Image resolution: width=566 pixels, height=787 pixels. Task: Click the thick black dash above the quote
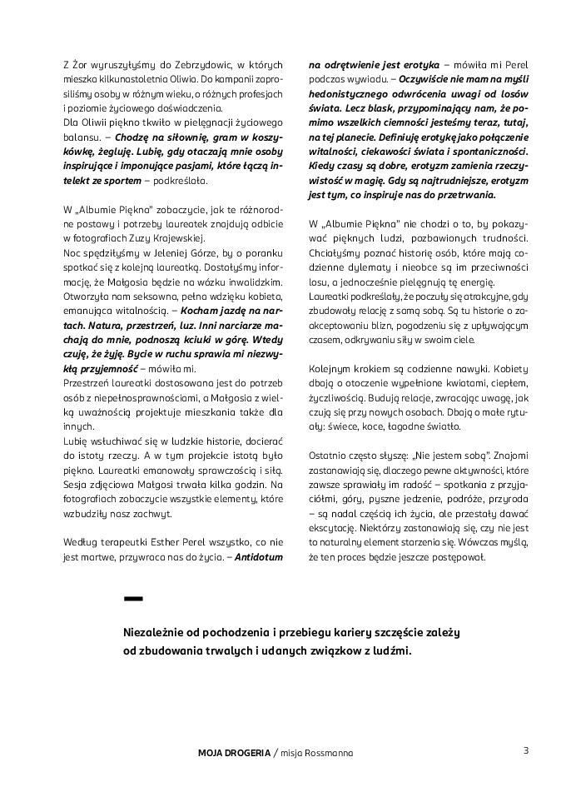tap(133, 598)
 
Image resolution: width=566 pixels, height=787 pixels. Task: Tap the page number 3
tap(526, 750)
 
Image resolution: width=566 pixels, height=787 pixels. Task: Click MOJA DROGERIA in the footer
tap(234, 753)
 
